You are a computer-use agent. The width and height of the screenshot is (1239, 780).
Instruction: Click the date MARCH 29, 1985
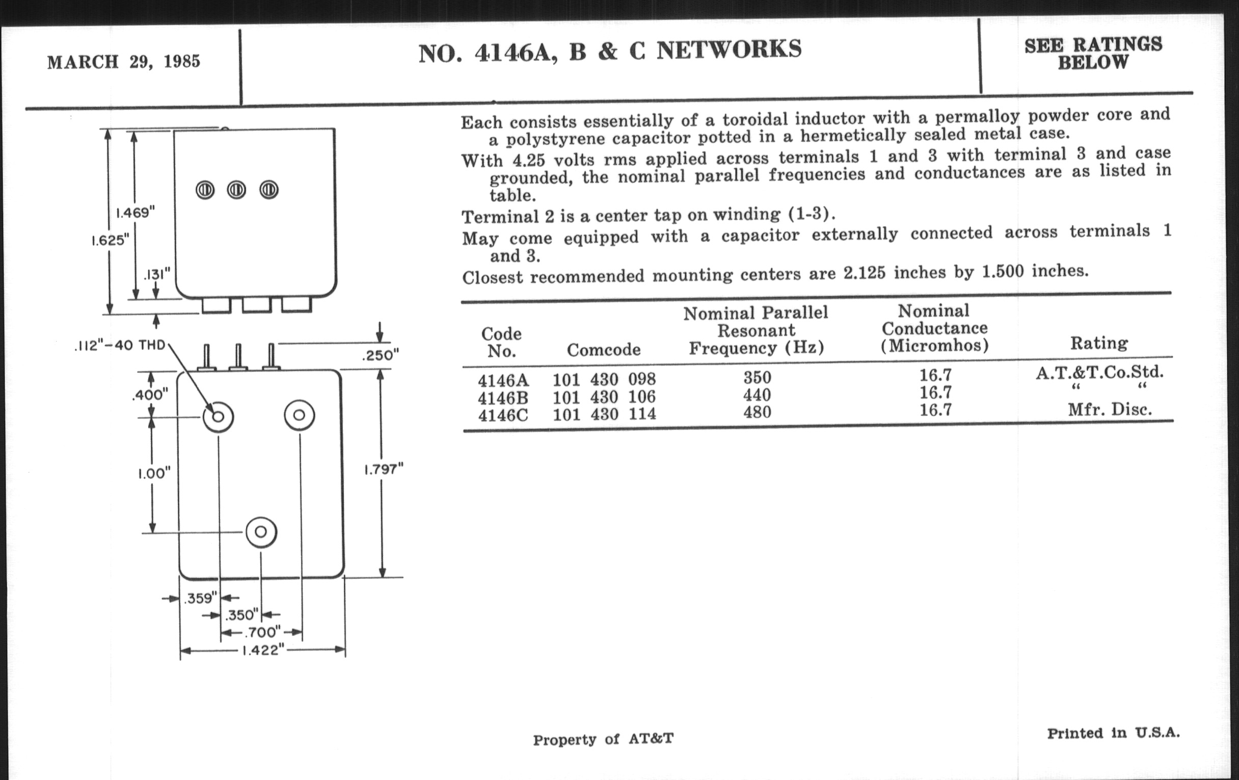123,62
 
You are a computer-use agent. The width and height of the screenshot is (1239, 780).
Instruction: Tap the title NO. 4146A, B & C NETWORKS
610,50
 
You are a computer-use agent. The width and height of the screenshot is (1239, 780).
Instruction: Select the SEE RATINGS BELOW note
1093,53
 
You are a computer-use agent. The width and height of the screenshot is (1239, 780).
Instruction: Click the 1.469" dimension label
135,213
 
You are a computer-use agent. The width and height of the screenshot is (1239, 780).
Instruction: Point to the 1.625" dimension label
110,241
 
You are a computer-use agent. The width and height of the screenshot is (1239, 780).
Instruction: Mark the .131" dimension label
156,274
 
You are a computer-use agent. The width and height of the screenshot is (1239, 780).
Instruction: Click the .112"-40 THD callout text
119,345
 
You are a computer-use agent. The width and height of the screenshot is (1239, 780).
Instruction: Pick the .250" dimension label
380,355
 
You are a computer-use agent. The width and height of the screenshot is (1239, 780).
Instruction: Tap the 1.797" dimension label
383,469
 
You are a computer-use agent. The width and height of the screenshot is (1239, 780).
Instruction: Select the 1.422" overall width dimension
262,651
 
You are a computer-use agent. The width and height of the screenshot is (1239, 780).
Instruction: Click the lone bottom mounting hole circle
261,532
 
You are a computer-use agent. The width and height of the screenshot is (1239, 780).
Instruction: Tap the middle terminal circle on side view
237,190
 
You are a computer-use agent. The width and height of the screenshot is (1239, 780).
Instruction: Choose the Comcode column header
604,350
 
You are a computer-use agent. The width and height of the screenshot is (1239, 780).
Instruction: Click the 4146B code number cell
503,398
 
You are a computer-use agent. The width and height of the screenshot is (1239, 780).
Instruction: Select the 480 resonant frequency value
757,412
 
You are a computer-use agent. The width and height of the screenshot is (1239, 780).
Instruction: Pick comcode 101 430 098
604,379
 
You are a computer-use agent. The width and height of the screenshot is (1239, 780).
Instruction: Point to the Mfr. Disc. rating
1109,410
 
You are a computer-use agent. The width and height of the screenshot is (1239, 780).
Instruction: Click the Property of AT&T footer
603,739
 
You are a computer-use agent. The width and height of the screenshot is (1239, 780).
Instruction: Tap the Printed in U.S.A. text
1114,733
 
